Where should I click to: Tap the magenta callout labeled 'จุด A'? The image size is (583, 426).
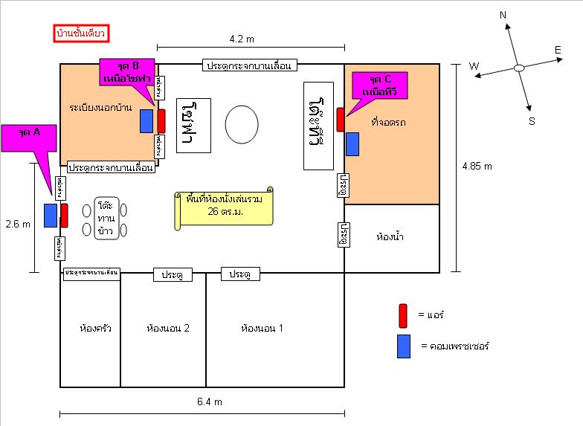pos(30,138)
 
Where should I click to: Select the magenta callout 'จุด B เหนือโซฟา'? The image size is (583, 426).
pos(126,70)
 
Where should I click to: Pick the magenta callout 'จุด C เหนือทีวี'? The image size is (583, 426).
pos(381,85)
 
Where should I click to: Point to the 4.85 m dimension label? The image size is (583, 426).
pos(477,166)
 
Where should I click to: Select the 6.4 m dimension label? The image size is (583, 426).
pos(210,401)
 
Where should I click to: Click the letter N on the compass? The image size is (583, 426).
pos(503,15)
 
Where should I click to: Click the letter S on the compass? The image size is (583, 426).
pos(532,120)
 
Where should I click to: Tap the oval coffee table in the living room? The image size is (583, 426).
pos(243,124)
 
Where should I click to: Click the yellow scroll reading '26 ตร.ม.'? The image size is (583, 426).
pos(223,211)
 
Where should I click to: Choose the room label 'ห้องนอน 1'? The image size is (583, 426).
pos(262,328)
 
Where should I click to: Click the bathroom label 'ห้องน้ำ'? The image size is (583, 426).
pos(390,238)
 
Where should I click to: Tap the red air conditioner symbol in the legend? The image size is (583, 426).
pos(403,315)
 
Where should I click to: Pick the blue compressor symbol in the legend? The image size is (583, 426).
pos(404,346)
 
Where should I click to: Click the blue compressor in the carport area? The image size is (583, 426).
pos(352,144)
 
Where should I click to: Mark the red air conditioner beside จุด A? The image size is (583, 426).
pos(65,215)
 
